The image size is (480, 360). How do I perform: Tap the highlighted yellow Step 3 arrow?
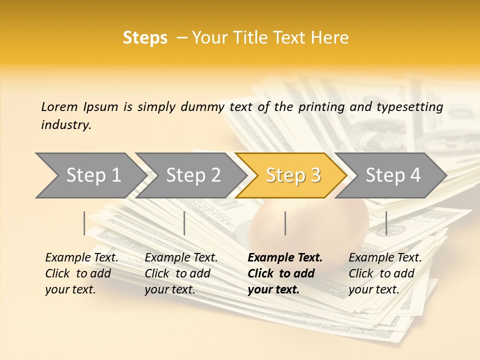293,175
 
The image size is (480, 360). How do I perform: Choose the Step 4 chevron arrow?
393,175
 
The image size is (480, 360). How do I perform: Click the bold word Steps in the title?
145,37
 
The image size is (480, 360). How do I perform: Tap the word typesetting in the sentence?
413,106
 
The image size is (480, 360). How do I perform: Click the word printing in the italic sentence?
316,106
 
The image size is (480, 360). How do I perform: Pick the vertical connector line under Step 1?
84,223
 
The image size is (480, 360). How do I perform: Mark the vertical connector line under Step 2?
184,223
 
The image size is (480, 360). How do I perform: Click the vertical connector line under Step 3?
285,223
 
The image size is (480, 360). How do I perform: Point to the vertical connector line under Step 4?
386,223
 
